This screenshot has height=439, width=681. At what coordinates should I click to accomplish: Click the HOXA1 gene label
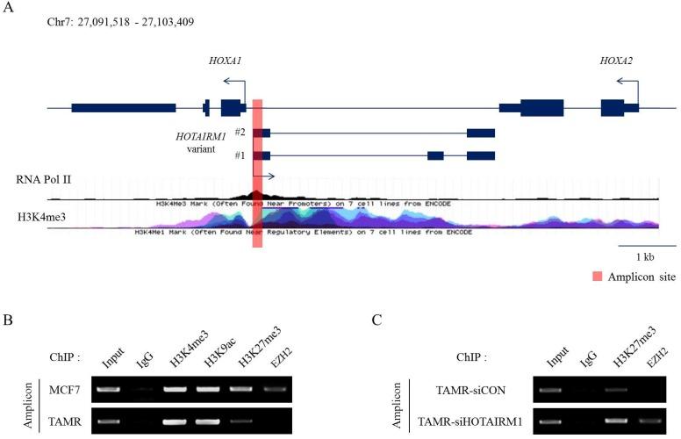pos(225,61)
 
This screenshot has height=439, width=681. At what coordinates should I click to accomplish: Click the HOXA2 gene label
pos(616,61)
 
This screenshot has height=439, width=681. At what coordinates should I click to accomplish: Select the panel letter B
pos(7,320)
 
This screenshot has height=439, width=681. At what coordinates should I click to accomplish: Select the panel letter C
pos(376,320)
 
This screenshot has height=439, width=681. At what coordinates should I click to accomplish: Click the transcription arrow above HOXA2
pos(627,85)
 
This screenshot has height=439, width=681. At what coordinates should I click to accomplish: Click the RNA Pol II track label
pos(43,179)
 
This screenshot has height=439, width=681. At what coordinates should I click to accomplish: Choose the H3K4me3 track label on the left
pos(41,214)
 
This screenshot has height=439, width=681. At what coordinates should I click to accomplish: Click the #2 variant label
pos(240,132)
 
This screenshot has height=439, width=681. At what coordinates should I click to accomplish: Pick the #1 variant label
pos(240,155)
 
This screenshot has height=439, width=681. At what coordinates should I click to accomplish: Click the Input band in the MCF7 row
pos(109,387)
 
